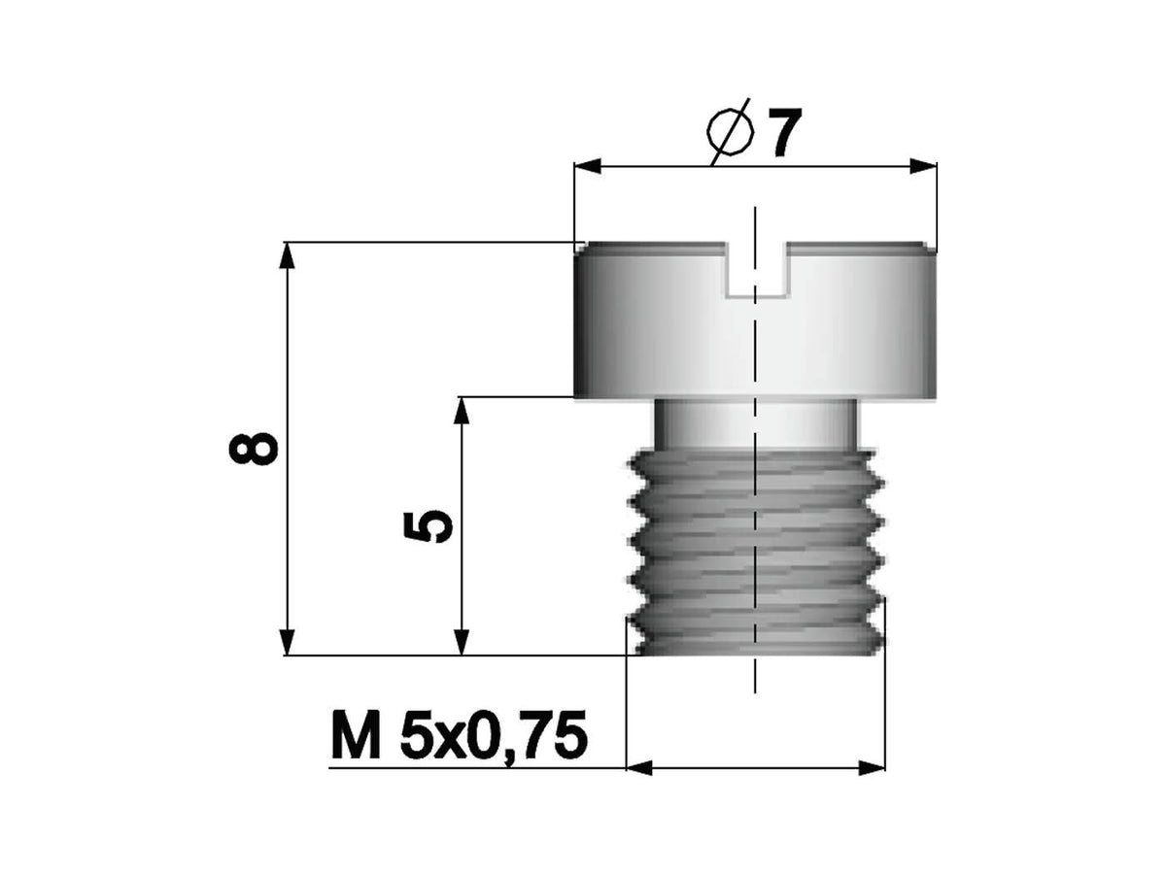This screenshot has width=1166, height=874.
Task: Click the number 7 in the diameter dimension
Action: coord(784,133)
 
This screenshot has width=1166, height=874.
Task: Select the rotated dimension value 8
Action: coord(253,449)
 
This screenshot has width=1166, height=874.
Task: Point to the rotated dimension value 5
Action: coord(429,527)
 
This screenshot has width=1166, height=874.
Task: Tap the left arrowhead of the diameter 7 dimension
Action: coord(588,166)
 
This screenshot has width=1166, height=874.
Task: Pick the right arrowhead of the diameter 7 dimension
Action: coord(923,166)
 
